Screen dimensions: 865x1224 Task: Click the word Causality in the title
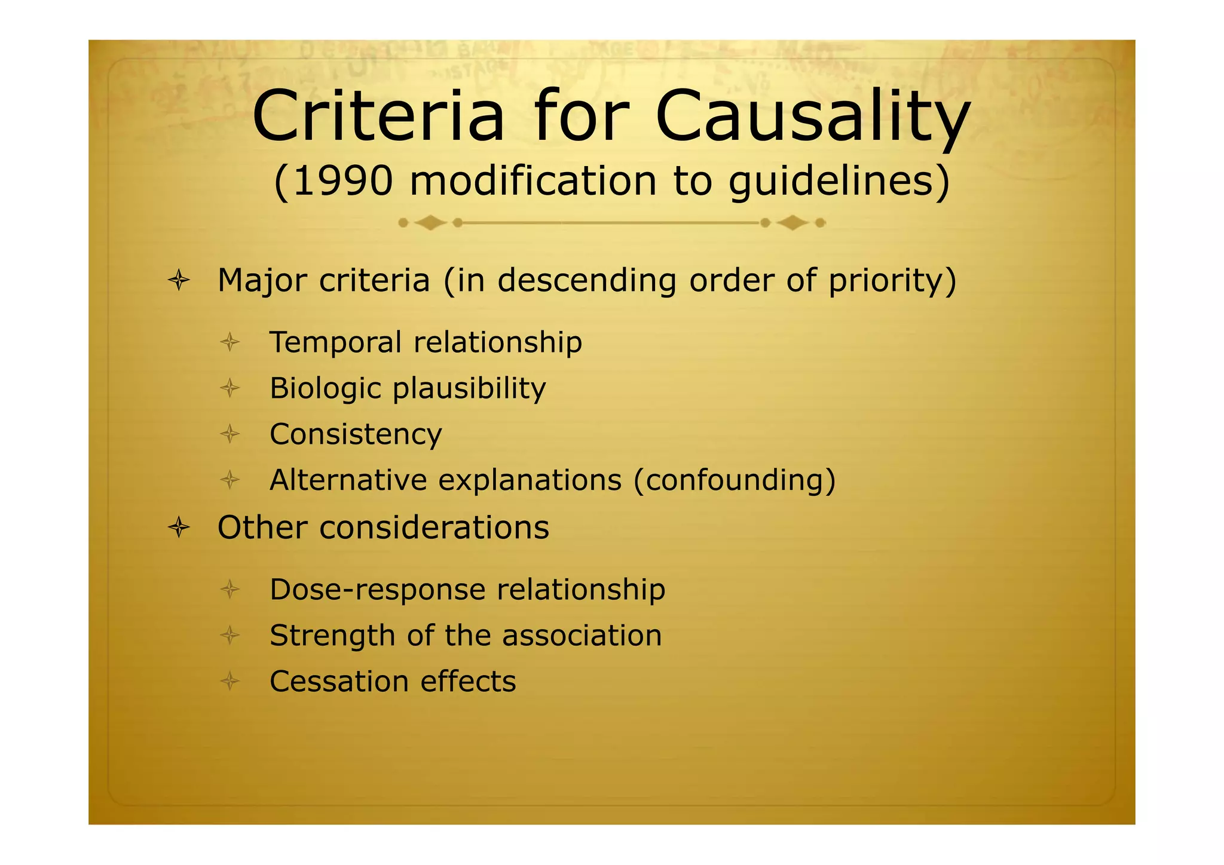pos(813,116)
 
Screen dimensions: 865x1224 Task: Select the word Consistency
pos(356,435)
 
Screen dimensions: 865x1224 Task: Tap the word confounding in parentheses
pos(735,480)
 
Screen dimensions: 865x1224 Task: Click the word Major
pos(262,281)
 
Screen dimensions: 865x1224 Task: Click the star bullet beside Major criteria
pos(179,280)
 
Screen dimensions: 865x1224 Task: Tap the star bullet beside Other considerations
pos(179,527)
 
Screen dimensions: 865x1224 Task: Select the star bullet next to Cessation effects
pos(230,681)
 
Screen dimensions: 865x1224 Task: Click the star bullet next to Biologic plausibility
pos(230,389)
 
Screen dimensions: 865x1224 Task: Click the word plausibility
pos(469,389)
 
